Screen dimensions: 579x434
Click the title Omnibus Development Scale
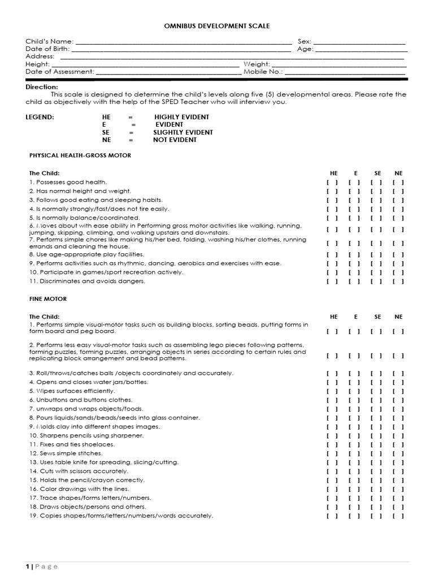[216, 25]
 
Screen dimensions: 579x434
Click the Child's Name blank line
[183, 42]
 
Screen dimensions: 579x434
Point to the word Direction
[41, 87]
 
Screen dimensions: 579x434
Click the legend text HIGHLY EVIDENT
[181, 117]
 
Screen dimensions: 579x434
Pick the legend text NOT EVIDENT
[175, 140]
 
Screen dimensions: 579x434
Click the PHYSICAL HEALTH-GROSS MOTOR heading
[80, 155]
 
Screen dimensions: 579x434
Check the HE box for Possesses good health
[332, 182]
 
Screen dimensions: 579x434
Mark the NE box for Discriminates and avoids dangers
[398, 281]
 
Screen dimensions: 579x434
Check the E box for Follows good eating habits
[354, 200]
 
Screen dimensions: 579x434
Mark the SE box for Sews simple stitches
[376, 453]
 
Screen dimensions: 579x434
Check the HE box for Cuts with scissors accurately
[332, 471]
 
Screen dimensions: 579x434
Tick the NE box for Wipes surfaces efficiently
[398, 391]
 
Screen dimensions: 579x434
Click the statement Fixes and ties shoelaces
[72, 444]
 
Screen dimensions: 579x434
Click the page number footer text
[42, 567]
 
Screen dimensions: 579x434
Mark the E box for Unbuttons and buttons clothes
[354, 400]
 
